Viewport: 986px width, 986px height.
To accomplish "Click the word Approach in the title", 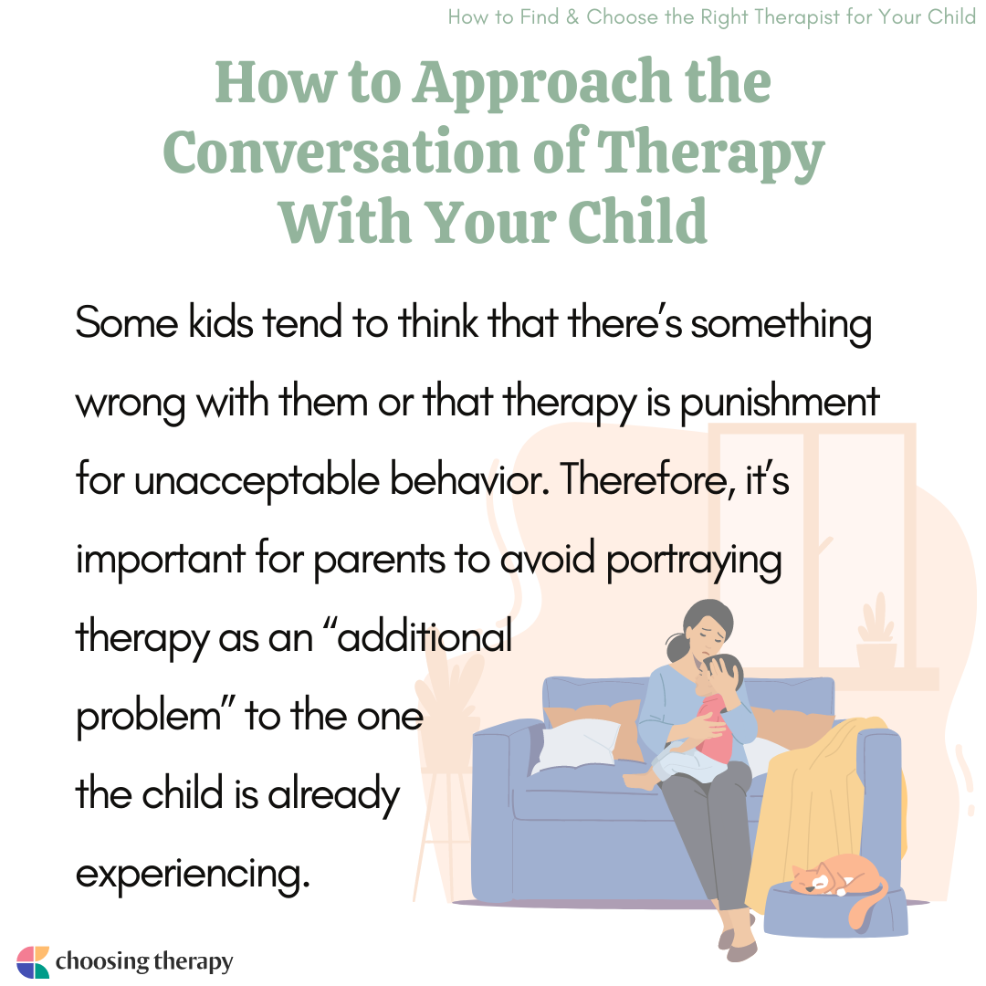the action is [x=541, y=84].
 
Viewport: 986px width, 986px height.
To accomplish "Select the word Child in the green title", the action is [x=637, y=221].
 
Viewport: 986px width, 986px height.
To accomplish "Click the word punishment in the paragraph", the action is [x=779, y=402].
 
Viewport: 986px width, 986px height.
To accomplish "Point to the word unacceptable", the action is [x=257, y=480].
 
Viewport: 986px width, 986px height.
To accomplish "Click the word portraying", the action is [x=694, y=559].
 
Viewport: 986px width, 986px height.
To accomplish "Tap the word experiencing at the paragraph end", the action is [x=193, y=874].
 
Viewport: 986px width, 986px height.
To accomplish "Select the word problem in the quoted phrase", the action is [x=149, y=717].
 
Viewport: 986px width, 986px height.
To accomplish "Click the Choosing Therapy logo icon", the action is [x=33, y=961].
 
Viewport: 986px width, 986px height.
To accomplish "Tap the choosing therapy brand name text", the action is [x=144, y=961].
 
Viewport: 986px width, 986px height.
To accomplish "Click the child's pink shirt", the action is [x=715, y=729].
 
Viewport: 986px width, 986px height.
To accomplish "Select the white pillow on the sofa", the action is [x=576, y=747].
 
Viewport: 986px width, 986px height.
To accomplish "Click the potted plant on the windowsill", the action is [x=876, y=632].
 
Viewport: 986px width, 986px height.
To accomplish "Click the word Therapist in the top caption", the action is [x=797, y=17].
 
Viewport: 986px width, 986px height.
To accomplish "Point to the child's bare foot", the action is [x=640, y=781].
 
